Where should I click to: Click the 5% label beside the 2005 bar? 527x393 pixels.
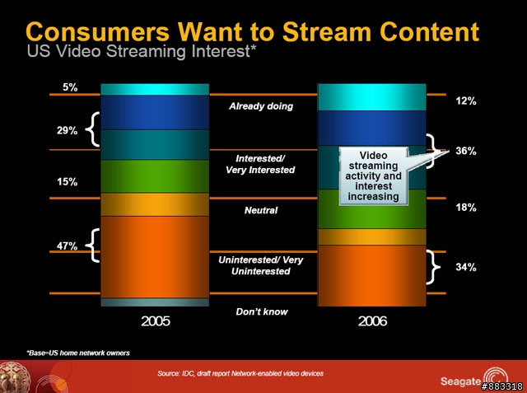pyautogui.click(x=70, y=87)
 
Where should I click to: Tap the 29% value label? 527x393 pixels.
pyautogui.click(x=67, y=130)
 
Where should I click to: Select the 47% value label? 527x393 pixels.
pyautogui.click(x=67, y=246)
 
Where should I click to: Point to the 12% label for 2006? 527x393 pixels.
pyautogui.click(x=466, y=101)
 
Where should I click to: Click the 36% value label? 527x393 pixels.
pyautogui.click(x=466, y=151)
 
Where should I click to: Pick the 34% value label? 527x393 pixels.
pyautogui.click(x=466, y=267)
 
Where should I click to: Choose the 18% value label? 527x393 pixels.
pyautogui.click(x=466, y=208)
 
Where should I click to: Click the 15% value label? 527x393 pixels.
pyautogui.click(x=67, y=182)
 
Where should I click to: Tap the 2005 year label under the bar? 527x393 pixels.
pyautogui.click(x=156, y=321)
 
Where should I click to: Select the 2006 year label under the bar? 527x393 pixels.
pyautogui.click(x=372, y=321)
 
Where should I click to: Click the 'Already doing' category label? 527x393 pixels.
pyautogui.click(x=261, y=106)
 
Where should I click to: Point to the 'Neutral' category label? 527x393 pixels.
pyautogui.click(x=261, y=210)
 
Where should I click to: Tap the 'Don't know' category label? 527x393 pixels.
pyautogui.click(x=262, y=311)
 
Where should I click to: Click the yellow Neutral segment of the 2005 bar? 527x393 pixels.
pyautogui.click(x=155, y=204)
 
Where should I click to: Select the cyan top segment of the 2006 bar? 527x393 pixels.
pyautogui.click(x=371, y=97)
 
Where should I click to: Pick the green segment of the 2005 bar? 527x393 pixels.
pyautogui.click(x=155, y=176)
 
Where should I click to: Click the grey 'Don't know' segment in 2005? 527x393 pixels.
pyautogui.click(x=155, y=302)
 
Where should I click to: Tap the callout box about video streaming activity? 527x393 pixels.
pyautogui.click(x=373, y=175)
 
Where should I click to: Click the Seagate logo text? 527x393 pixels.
pyautogui.click(x=460, y=381)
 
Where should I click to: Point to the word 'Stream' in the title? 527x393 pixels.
pyautogui.click(x=326, y=32)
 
